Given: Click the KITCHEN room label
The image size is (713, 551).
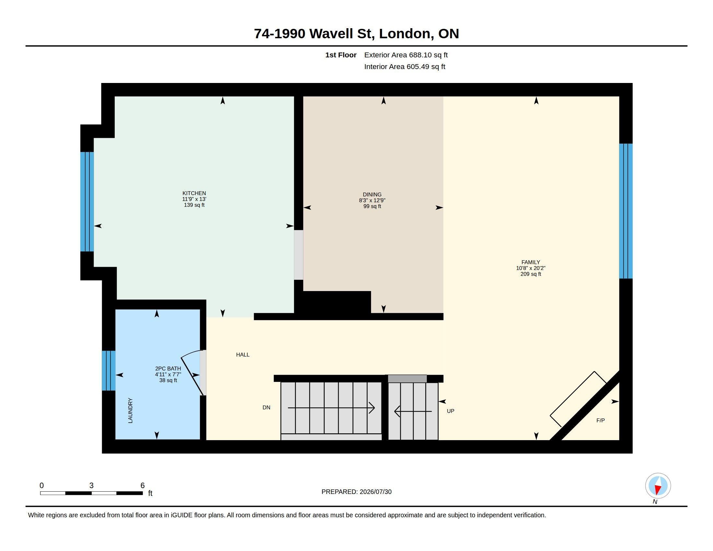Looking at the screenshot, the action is click(x=194, y=193).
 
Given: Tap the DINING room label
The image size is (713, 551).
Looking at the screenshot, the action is click(x=372, y=194).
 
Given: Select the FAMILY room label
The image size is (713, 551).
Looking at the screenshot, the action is click(x=531, y=262).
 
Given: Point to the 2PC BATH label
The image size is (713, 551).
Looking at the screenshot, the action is click(x=168, y=369).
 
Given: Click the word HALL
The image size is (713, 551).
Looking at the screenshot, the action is click(x=242, y=355).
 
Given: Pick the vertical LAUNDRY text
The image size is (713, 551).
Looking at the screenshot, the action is click(x=130, y=410).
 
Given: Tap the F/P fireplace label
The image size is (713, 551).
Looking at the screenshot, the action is click(x=600, y=420).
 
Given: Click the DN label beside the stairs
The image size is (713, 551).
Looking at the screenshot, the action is click(x=266, y=407).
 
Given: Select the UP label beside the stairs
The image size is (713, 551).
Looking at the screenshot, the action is click(x=450, y=411).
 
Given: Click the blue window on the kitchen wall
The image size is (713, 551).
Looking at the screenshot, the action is click(x=87, y=202).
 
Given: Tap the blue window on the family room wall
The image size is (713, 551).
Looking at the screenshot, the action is click(x=626, y=211).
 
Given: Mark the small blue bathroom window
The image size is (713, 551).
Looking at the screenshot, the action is click(x=109, y=370).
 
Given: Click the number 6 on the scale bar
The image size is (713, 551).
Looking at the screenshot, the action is click(x=142, y=486).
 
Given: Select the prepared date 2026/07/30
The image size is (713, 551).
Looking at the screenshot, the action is click(x=375, y=492).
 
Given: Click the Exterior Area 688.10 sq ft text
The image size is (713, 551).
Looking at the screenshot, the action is click(x=406, y=55).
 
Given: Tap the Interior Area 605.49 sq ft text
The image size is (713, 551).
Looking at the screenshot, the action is click(x=404, y=66).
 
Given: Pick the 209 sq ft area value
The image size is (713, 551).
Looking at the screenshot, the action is click(x=531, y=274).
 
